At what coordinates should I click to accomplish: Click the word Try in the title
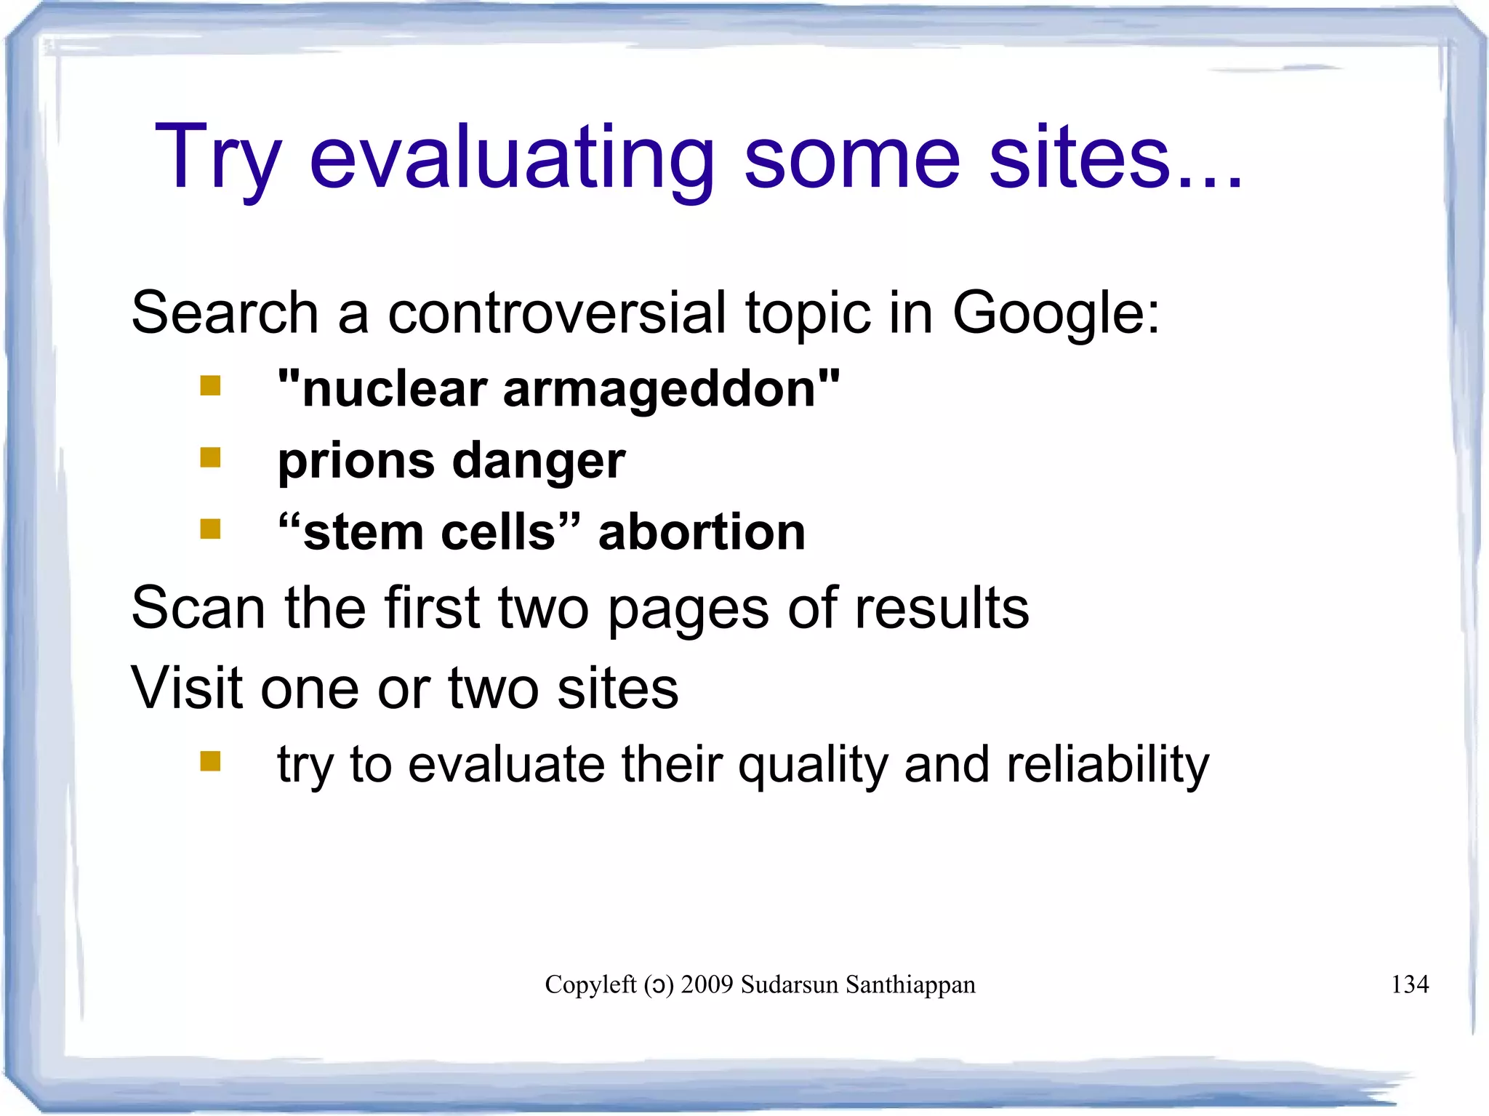(x=217, y=158)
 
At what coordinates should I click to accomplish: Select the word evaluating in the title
(x=512, y=158)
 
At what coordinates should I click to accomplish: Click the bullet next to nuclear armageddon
(x=210, y=385)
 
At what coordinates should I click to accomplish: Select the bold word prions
(x=356, y=461)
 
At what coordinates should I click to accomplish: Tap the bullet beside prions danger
(x=210, y=457)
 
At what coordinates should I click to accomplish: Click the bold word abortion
(x=702, y=532)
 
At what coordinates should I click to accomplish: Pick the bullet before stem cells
(x=210, y=529)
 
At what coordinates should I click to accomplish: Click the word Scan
(x=198, y=608)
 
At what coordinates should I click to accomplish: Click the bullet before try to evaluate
(x=210, y=761)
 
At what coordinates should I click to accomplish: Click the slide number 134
(x=1409, y=984)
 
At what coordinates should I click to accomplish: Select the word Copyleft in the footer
(x=590, y=984)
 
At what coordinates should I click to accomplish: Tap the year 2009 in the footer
(x=707, y=984)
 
